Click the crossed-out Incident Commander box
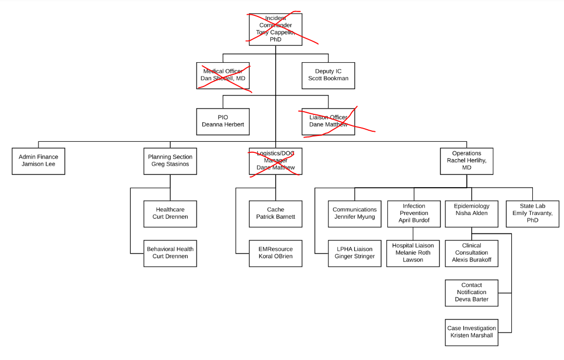[275, 29]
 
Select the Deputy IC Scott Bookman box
[328, 75]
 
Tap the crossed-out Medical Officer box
[222, 75]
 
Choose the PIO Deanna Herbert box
[222, 121]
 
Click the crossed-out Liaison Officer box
[328, 121]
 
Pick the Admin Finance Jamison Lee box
[38, 161]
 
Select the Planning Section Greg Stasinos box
[170, 161]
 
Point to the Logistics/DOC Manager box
[275, 161]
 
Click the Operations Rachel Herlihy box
[466, 161]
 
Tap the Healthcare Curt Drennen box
[170, 213]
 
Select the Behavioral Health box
[170, 253]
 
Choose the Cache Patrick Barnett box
[275, 213]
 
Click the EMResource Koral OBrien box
[275, 253]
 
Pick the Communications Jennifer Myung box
[354, 213]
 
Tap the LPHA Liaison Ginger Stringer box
[354, 253]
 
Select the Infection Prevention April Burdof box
[413, 213]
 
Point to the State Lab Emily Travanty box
[532, 213]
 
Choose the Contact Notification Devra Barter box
[471, 293]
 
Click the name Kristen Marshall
[471, 335]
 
